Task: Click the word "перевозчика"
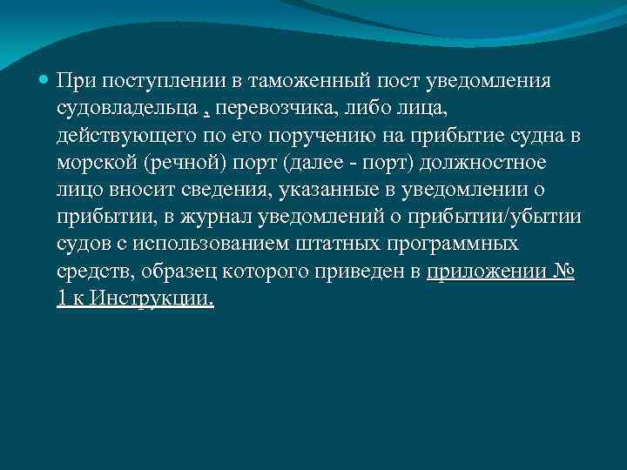(x=266, y=110)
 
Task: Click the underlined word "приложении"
(x=487, y=273)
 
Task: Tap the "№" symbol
(x=564, y=273)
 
